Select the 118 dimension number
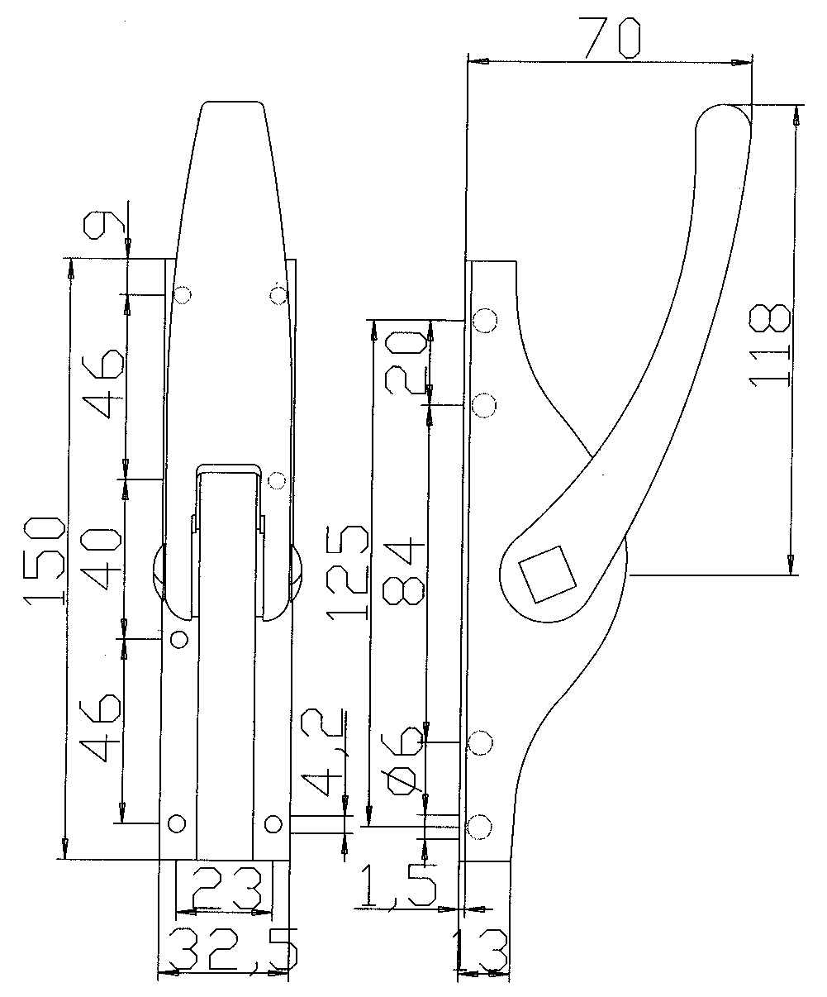[769, 345]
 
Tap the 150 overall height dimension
[45, 561]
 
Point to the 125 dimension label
[347, 573]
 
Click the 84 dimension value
[404, 571]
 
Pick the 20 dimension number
[406, 364]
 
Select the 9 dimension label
[105, 226]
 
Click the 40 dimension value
[101, 558]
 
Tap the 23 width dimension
[227, 886]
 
